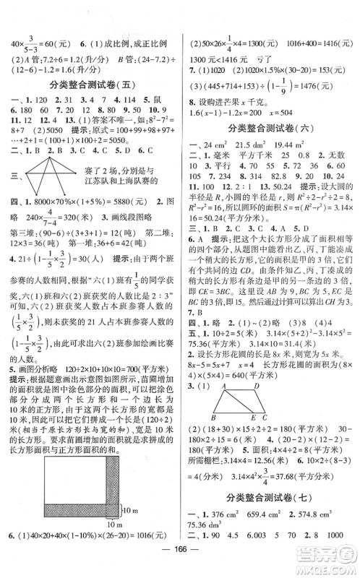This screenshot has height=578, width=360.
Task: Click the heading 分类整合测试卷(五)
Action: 90,84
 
